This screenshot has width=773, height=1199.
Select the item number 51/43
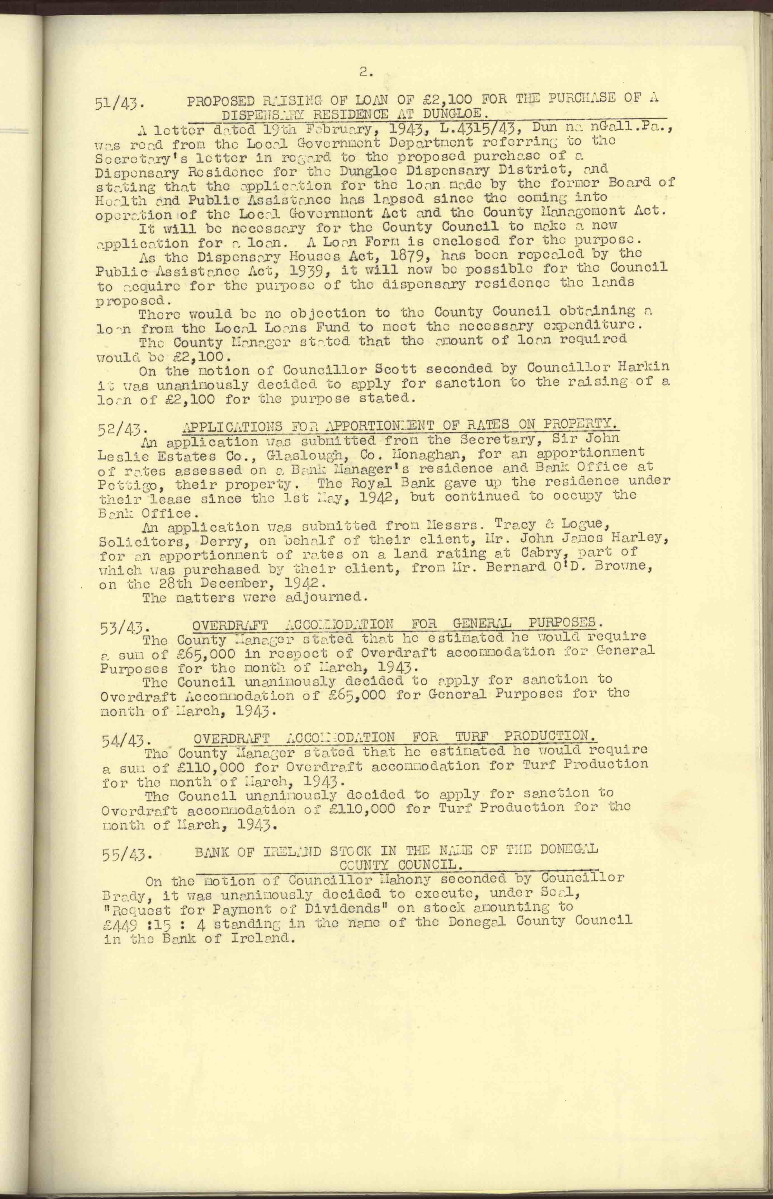[119, 104]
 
